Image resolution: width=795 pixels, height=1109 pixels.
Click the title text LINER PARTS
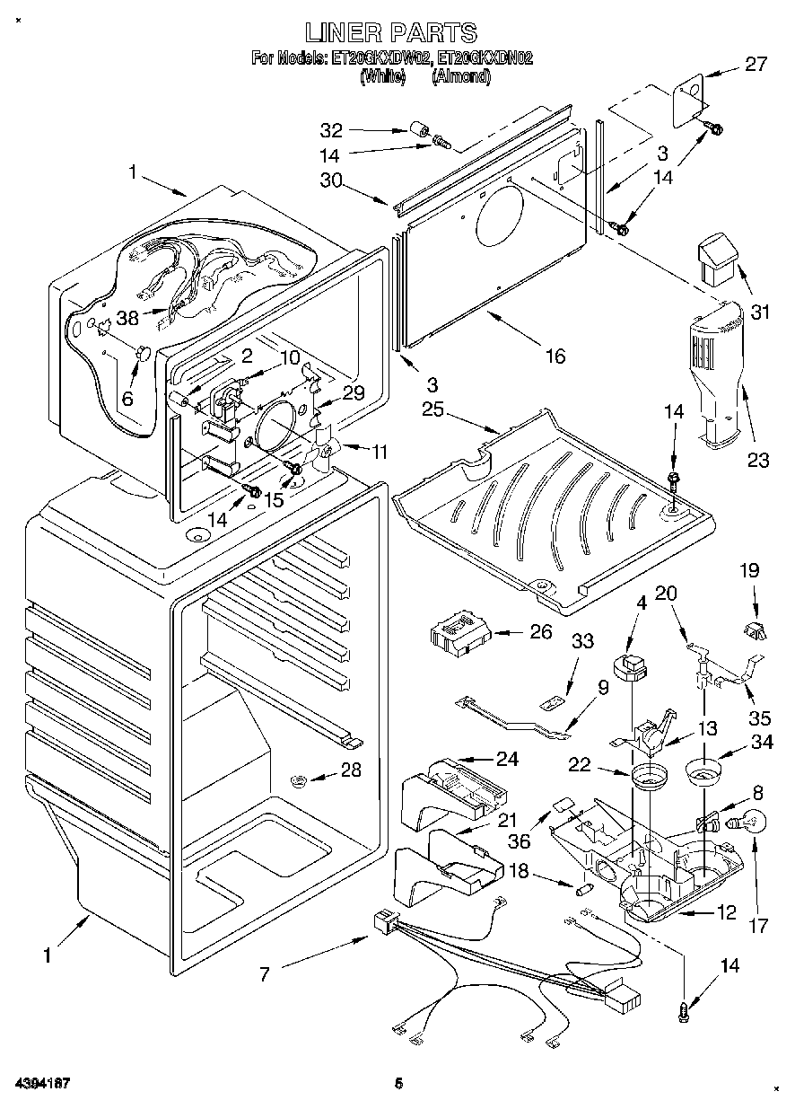390,33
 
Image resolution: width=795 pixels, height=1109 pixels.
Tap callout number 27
756,64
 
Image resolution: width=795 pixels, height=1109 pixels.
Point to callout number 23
758,462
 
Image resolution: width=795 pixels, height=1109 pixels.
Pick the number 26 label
541,632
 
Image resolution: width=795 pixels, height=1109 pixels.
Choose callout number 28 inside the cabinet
351,770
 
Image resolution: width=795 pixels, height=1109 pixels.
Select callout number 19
749,569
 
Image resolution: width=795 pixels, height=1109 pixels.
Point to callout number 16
555,356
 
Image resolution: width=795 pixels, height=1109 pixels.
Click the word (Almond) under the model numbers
461,77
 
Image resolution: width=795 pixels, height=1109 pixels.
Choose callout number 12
726,913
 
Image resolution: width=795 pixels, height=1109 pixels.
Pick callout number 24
508,760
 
